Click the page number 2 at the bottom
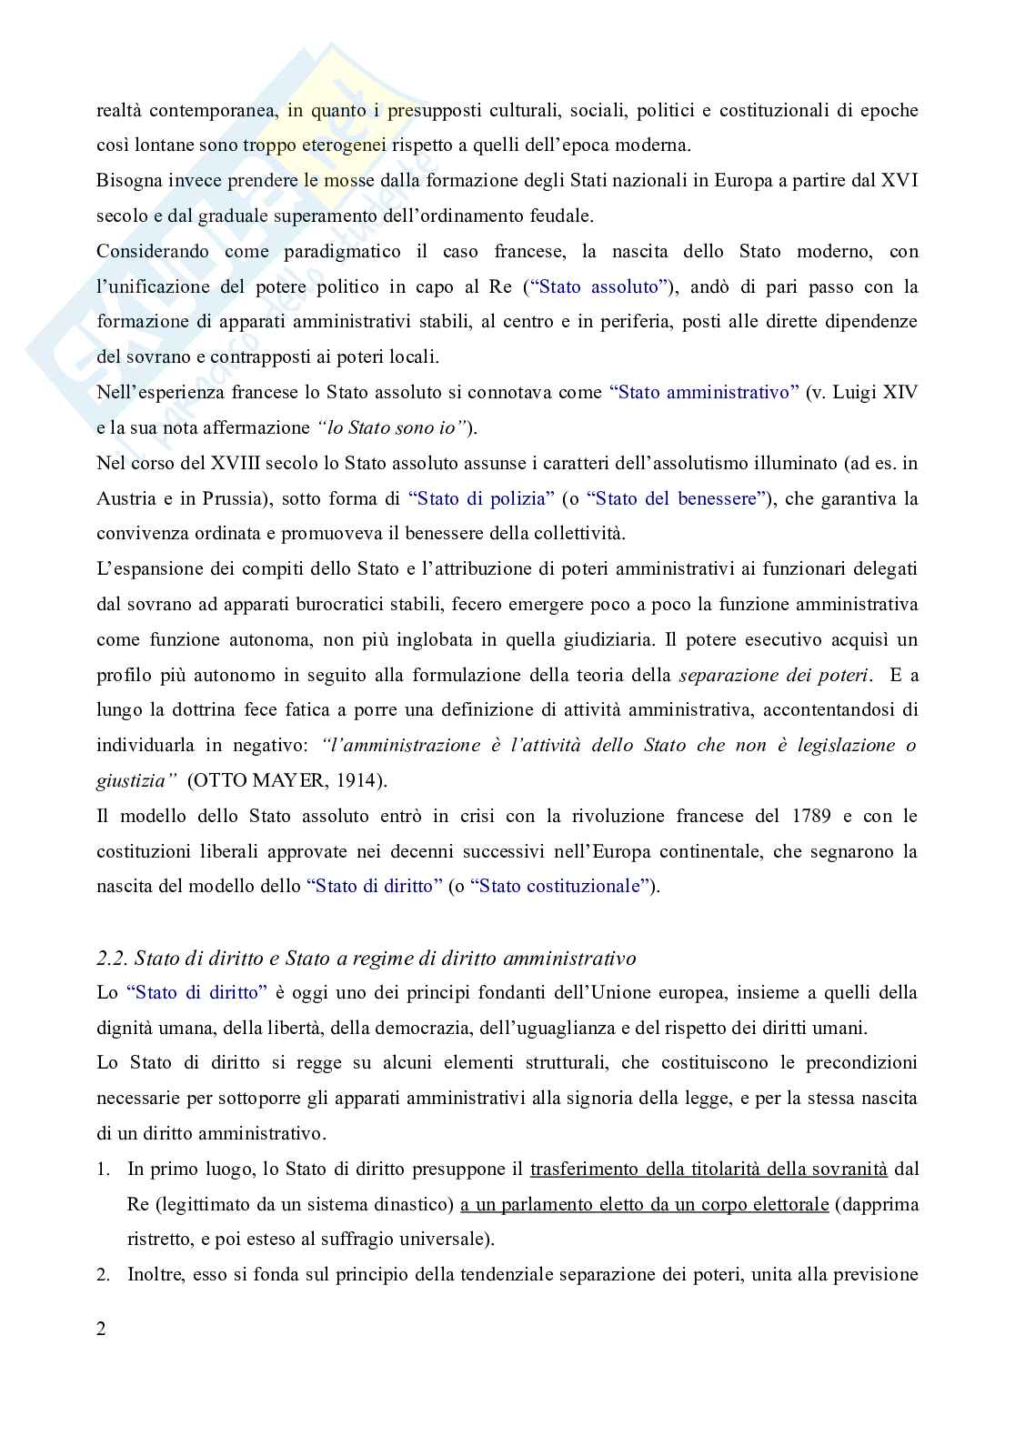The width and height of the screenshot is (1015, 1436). click(101, 1329)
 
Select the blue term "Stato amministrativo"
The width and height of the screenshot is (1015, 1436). click(704, 393)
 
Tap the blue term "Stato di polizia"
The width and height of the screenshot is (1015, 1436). click(481, 499)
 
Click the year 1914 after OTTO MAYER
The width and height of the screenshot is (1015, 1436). click(365, 780)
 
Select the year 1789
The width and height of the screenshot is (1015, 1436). click(809, 816)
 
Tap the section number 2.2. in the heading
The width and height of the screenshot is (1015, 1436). click(113, 959)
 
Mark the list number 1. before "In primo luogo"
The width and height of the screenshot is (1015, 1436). click(103, 1169)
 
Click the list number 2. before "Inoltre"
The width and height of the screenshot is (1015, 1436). click(103, 1275)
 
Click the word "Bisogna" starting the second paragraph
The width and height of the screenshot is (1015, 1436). click(127, 181)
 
